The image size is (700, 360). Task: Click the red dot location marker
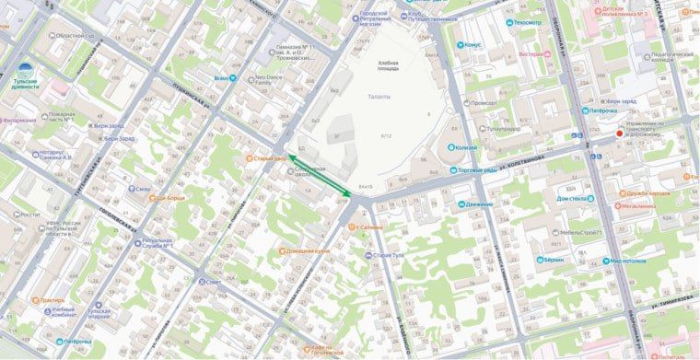(x=618, y=134)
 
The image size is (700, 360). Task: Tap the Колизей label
(x=466, y=147)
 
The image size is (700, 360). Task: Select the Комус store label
(x=473, y=44)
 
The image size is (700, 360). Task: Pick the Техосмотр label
(x=528, y=21)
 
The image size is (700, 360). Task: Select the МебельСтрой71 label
(x=612, y=233)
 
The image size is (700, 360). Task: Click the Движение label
(x=479, y=204)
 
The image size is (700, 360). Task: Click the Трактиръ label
(x=52, y=299)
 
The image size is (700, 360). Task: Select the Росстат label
(x=30, y=215)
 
